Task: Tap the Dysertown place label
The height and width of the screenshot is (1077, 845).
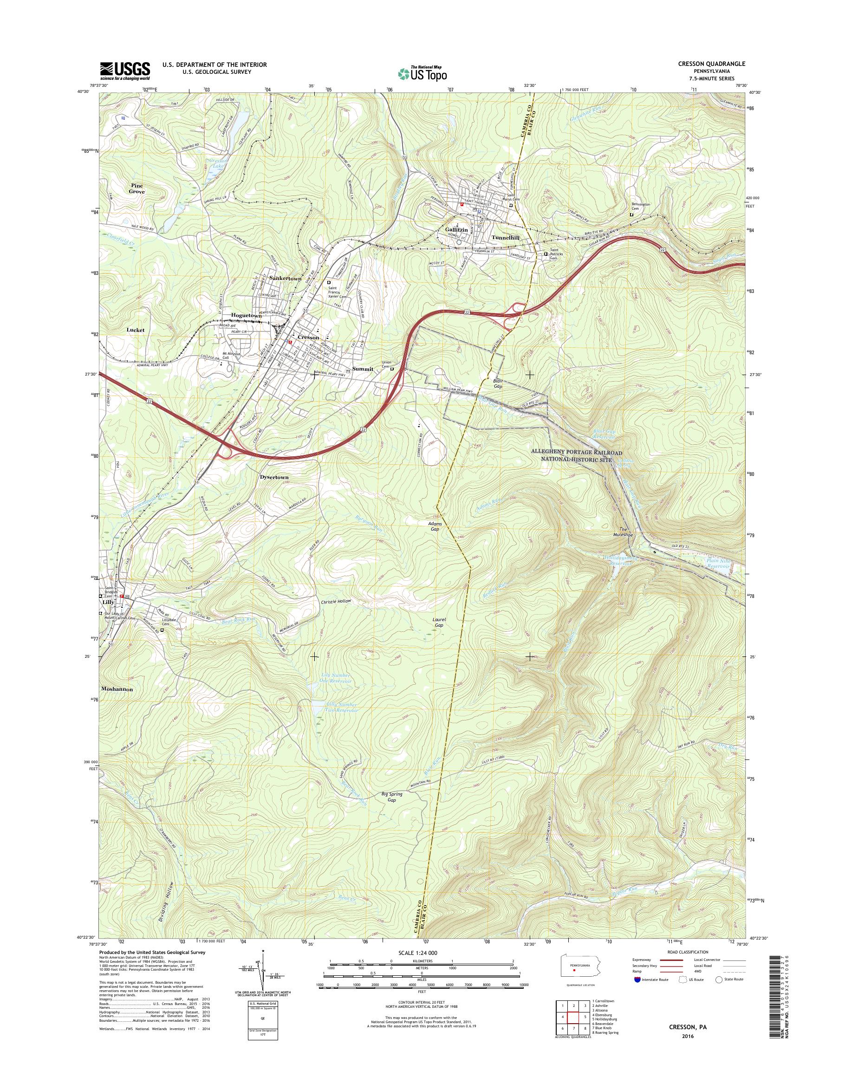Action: click(x=274, y=477)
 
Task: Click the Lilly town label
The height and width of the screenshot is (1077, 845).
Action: click(x=108, y=603)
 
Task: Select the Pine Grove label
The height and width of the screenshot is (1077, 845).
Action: click(x=137, y=188)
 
